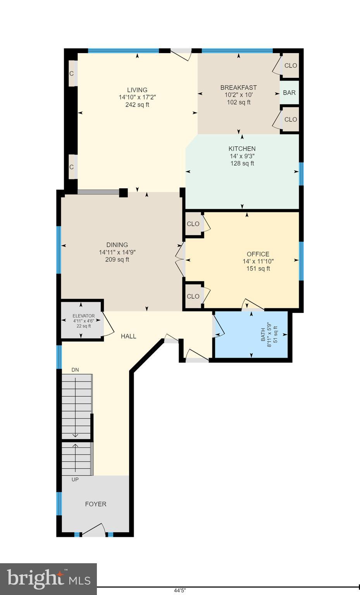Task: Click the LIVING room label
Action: click(x=137, y=90)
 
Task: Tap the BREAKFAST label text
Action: click(x=238, y=88)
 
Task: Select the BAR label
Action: click(x=289, y=93)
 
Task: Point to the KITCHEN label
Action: click(x=242, y=149)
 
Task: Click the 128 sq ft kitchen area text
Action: click(x=242, y=163)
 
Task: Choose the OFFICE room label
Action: click(x=258, y=254)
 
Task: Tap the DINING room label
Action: click(x=117, y=245)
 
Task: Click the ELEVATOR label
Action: click(x=83, y=316)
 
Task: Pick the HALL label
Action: click(x=128, y=336)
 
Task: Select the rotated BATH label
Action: click(x=263, y=334)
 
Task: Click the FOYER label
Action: click(x=96, y=504)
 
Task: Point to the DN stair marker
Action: click(x=75, y=370)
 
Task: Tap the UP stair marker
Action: click(x=75, y=480)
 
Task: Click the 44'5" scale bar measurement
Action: click(x=180, y=591)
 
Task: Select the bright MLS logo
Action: click(x=48, y=579)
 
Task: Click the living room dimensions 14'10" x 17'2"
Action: click(x=137, y=97)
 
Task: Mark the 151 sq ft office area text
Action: click(x=258, y=268)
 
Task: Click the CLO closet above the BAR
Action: click(x=291, y=66)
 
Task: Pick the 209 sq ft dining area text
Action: click(x=117, y=260)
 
